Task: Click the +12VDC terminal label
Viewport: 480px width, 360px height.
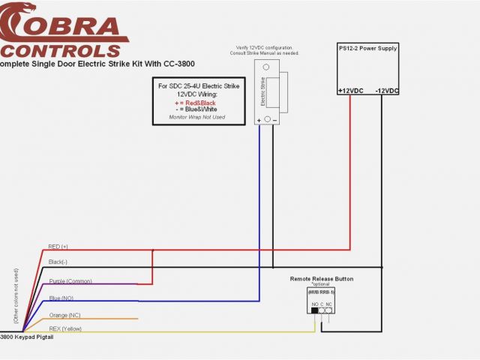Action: click(352, 91)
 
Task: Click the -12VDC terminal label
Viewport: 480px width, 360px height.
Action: click(386, 91)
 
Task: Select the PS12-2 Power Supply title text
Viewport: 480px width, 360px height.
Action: click(367, 49)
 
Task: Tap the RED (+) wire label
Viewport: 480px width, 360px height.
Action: click(58, 246)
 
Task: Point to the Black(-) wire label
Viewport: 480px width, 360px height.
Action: click(58, 262)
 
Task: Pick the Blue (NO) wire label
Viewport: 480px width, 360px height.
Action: click(61, 298)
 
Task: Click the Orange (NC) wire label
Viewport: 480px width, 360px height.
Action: click(65, 315)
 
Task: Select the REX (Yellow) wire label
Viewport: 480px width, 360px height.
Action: click(67, 328)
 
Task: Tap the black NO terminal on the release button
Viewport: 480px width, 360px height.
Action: click(314, 309)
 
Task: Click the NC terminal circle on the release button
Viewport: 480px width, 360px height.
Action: click(328, 309)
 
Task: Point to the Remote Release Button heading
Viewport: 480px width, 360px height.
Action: click(322, 279)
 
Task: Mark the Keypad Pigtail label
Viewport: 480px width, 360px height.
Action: click(29, 337)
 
